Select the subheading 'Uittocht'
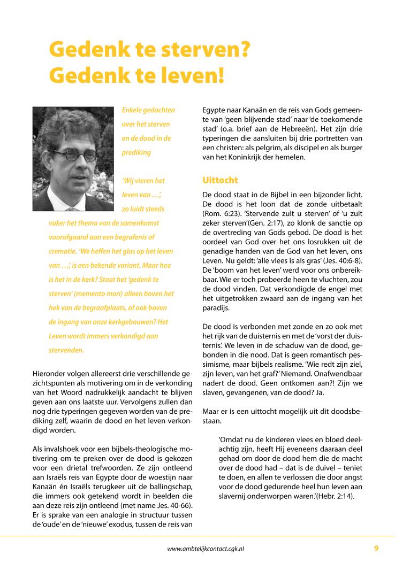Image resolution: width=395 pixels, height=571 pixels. point(219,180)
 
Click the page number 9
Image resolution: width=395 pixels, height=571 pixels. point(376,548)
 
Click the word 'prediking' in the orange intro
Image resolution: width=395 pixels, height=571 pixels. point(136,152)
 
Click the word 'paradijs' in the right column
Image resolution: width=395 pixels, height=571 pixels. point(216,308)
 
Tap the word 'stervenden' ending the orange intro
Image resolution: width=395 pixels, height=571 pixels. point(66,351)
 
